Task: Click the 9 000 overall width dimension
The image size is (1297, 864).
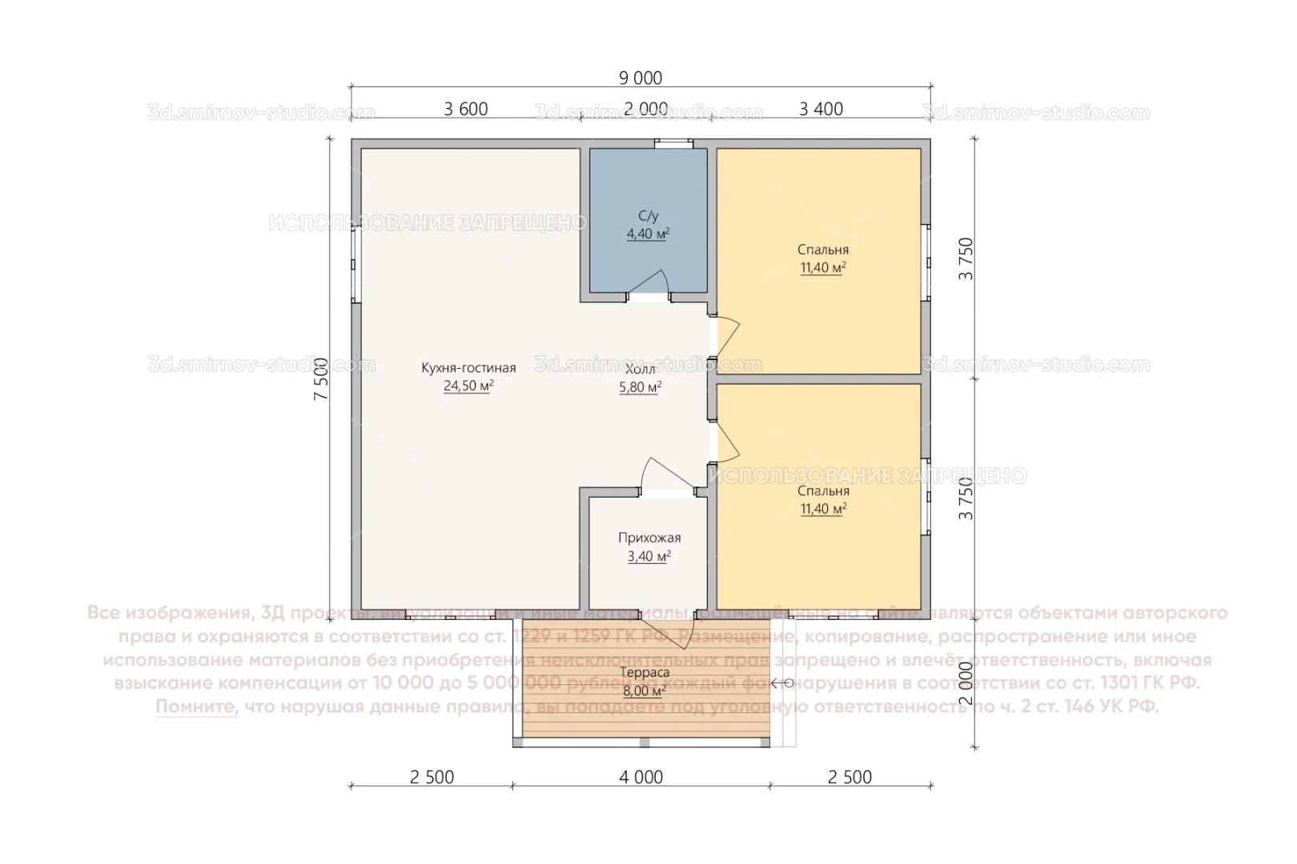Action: (x=640, y=78)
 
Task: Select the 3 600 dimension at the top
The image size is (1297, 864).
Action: (x=466, y=110)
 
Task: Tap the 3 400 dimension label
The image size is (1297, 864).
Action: (x=821, y=110)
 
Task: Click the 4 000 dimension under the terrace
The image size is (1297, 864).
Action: (x=640, y=777)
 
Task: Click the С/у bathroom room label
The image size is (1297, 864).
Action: (x=648, y=216)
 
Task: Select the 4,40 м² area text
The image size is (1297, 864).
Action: (x=648, y=234)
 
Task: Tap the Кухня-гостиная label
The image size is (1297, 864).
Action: (x=468, y=368)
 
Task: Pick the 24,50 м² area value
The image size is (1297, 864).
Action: (x=468, y=386)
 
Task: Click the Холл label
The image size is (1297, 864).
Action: (x=640, y=370)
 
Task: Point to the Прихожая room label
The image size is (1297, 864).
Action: (x=649, y=538)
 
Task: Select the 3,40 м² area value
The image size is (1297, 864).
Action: (x=649, y=557)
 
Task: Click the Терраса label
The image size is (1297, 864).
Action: (x=645, y=674)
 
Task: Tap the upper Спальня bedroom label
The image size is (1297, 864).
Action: (x=823, y=250)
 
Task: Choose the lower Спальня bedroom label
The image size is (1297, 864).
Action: (x=823, y=491)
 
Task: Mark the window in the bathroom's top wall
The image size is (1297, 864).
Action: (x=673, y=144)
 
